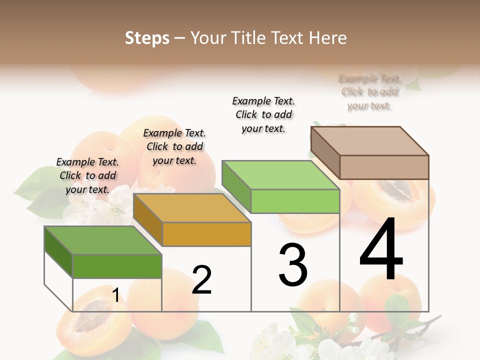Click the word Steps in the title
tap(147, 38)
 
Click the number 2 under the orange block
tap(201, 280)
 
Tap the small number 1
tap(115, 295)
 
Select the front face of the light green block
tap(295, 201)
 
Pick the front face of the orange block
tap(206, 234)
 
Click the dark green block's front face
tap(117, 266)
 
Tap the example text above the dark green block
tap(87, 175)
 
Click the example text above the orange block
tap(174, 146)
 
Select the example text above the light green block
tap(263, 114)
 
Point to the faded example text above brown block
tap(369, 92)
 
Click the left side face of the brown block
tap(325, 153)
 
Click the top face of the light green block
tap(280, 175)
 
